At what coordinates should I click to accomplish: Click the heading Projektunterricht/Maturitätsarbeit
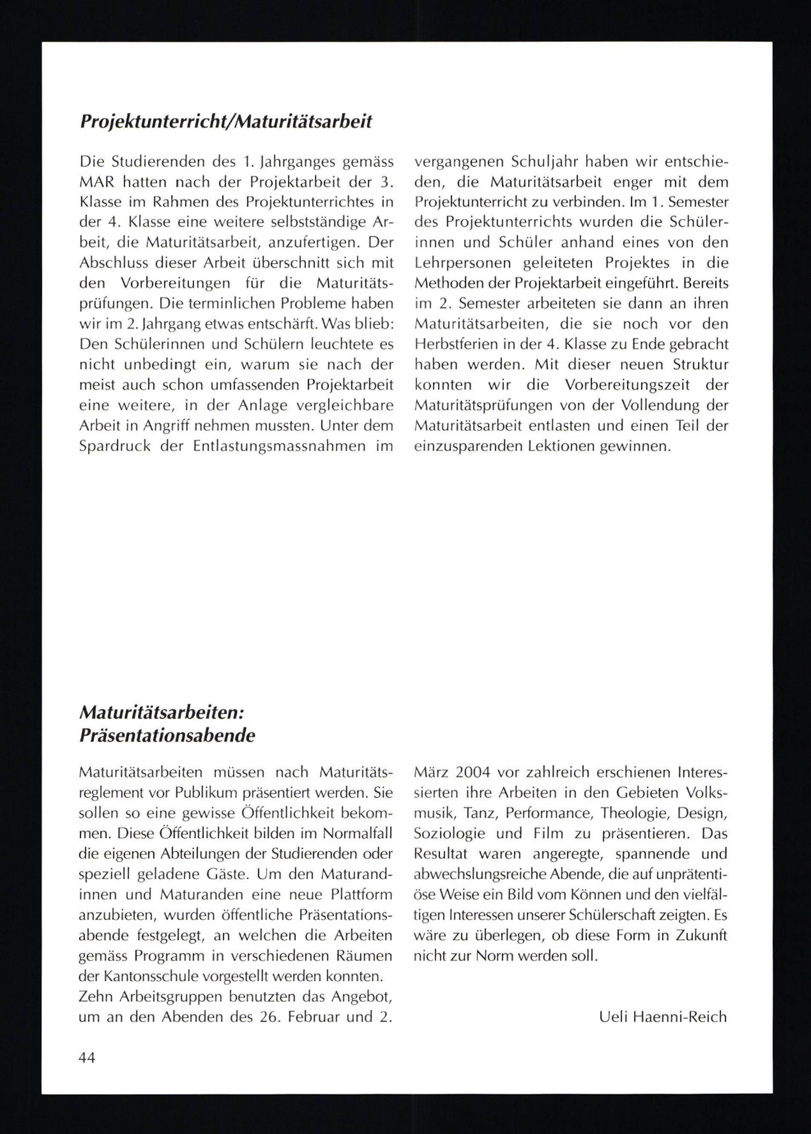[x=226, y=122]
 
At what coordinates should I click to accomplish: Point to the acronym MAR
[x=97, y=182]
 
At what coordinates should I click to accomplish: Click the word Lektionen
[x=560, y=445]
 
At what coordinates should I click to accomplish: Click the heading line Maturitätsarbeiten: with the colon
[x=161, y=712]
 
